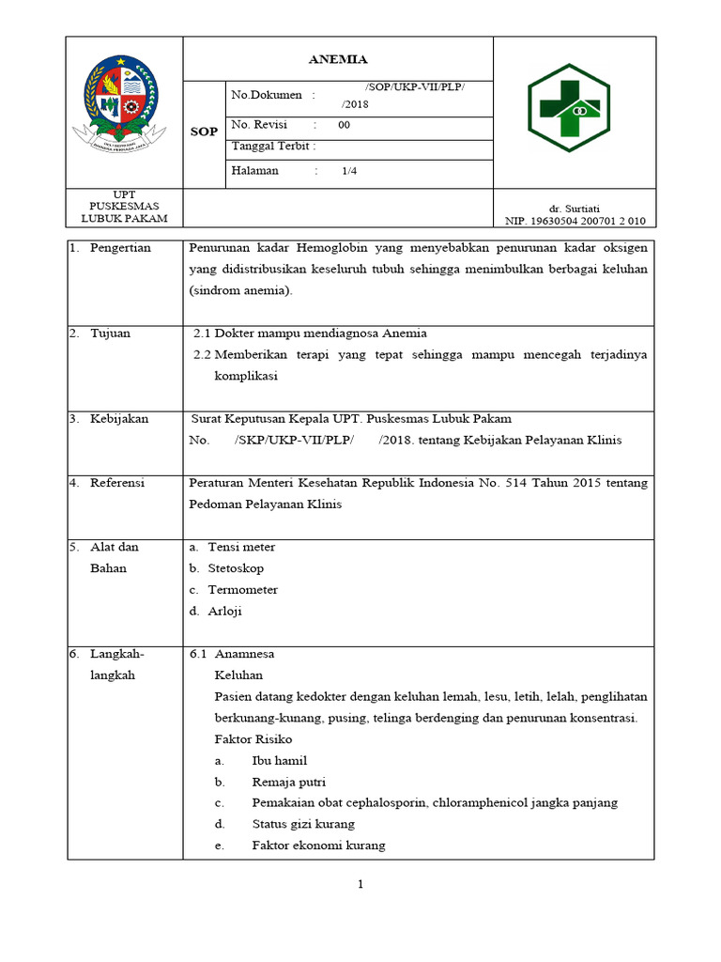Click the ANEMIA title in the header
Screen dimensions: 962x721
point(338,58)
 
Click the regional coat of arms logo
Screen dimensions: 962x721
point(124,110)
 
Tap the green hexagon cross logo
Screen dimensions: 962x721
point(574,110)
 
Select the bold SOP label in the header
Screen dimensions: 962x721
point(204,132)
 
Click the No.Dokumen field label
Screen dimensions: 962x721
point(267,95)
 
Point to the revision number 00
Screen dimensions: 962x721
point(344,125)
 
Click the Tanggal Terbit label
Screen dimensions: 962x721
point(273,147)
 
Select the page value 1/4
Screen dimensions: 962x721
point(349,171)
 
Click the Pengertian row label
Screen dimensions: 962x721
point(120,248)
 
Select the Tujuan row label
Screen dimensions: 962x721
point(110,334)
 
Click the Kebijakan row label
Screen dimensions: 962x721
point(118,419)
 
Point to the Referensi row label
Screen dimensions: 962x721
point(116,483)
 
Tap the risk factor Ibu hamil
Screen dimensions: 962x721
point(280,761)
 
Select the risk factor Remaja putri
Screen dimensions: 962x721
point(286,782)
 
